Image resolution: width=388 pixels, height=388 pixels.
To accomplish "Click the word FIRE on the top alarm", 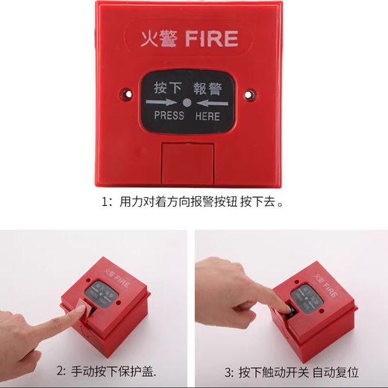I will click(211, 38).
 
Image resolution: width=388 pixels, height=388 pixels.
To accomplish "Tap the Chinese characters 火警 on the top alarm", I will click(160, 38).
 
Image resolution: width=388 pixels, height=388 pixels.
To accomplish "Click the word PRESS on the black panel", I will click(169, 116).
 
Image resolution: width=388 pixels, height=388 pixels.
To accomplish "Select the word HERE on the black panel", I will click(207, 116).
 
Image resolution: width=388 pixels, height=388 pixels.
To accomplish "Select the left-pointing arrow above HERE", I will click(207, 102).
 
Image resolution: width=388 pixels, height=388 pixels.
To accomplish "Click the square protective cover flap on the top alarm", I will click(187, 163).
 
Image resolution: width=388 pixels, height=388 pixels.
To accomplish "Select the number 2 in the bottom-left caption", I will click(60, 371).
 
